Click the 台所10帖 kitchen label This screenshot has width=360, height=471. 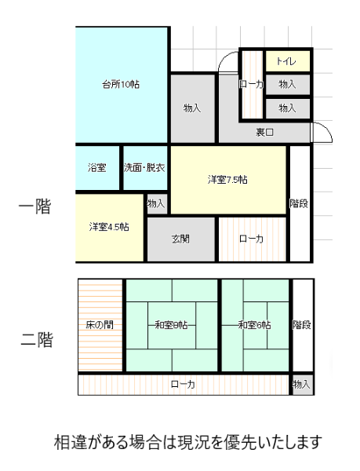pos(121,85)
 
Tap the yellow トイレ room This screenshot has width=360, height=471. pos(288,61)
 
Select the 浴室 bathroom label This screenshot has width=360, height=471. pos(97,168)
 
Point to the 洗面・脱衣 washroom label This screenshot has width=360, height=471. pos(144,168)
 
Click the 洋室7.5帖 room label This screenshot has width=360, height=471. pos(227,180)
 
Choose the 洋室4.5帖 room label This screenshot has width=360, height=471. pos(109,227)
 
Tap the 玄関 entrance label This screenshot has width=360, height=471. pos(180,239)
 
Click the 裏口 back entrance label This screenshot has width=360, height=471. pos(264,132)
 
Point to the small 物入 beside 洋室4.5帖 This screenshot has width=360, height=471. pos(157,204)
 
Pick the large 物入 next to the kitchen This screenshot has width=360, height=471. pos(193,108)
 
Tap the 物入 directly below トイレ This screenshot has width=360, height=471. pos(288,85)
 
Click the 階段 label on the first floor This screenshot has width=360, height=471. pos(299,203)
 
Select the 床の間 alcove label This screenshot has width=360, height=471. pos(100,325)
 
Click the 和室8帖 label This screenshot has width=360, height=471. pos(171,325)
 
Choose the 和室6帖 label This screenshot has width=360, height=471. pos(254,325)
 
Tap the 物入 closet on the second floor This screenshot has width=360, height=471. pos(303,385)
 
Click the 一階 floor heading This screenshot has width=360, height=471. pos(35,206)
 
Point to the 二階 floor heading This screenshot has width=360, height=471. pos(37,339)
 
